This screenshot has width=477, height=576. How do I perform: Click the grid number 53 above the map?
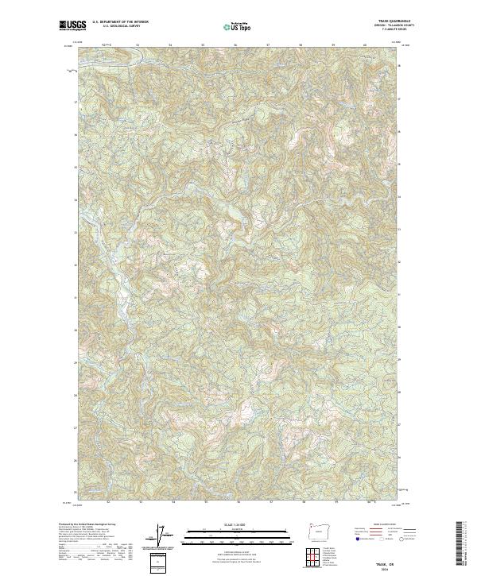[x=138, y=44]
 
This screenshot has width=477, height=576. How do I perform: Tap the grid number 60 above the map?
[x=365, y=44]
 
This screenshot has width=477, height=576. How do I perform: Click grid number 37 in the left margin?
[x=75, y=102]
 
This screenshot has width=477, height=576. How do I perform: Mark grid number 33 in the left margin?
[x=75, y=233]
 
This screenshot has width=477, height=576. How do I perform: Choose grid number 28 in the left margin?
[x=75, y=395]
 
